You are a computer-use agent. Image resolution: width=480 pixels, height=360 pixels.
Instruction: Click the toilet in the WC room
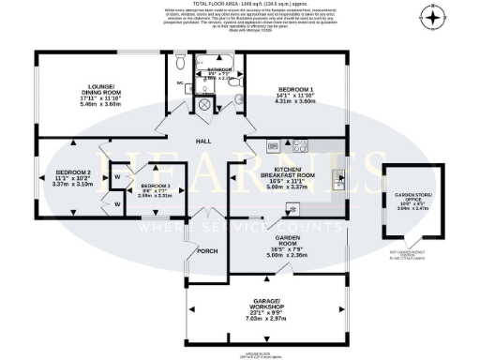(179, 66)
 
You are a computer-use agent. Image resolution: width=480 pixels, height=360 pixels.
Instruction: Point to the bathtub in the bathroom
(215, 59)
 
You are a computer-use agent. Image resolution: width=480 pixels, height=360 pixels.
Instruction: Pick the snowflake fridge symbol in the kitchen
(270, 145)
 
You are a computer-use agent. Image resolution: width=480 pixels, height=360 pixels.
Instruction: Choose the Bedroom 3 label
(155, 187)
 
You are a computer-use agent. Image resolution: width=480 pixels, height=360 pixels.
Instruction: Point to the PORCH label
(207, 250)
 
